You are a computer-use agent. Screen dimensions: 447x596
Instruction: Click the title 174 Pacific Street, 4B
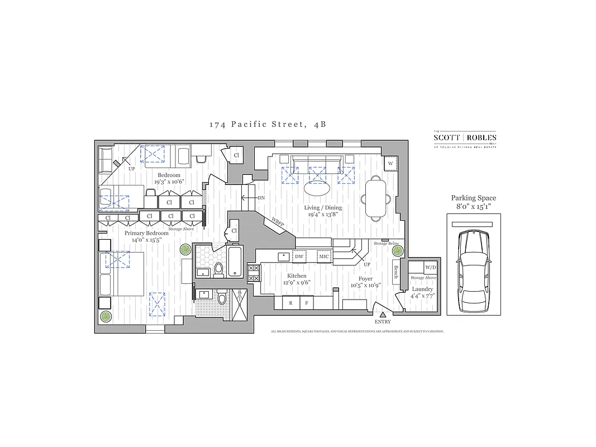click(x=268, y=125)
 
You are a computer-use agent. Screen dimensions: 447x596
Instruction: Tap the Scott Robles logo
click(x=465, y=138)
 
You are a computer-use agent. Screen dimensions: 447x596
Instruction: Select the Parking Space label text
click(x=473, y=198)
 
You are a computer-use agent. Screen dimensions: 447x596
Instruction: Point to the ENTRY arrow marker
click(x=383, y=316)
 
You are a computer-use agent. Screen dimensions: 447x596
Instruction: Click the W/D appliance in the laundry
click(x=430, y=267)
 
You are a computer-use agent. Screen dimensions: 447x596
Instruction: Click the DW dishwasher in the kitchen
click(x=299, y=256)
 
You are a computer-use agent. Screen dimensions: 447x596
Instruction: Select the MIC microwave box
click(x=324, y=256)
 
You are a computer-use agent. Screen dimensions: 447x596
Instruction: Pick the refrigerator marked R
click(x=290, y=303)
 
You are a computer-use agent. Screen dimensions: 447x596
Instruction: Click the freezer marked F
click(x=307, y=303)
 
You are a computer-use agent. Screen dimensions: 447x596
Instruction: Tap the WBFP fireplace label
click(x=278, y=221)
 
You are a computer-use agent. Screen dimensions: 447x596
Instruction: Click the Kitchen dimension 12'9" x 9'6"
click(x=296, y=282)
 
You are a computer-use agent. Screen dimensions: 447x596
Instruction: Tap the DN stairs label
click(x=261, y=198)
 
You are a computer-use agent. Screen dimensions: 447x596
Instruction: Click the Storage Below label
click(x=386, y=244)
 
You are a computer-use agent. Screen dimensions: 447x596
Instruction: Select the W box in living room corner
click(x=390, y=163)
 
